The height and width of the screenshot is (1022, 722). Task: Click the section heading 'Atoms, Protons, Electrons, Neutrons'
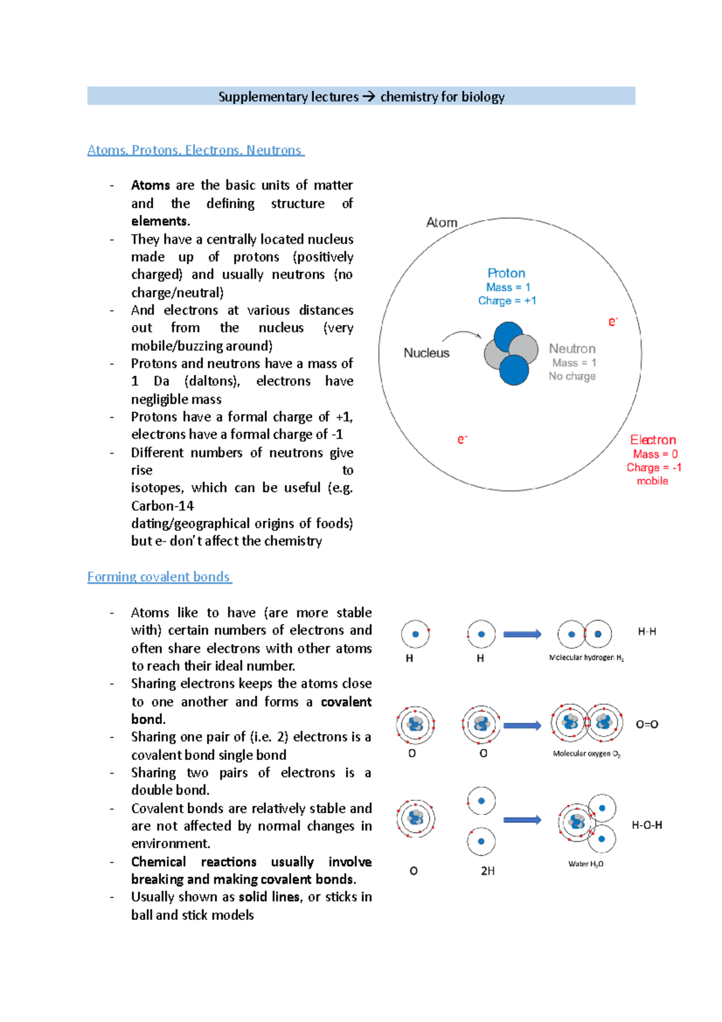point(195,150)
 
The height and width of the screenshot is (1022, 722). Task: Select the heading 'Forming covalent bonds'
point(159,577)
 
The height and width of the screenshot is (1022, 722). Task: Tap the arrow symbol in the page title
point(369,96)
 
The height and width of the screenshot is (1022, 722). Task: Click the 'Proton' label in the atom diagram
point(506,273)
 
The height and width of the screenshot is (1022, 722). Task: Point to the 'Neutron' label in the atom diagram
point(572,348)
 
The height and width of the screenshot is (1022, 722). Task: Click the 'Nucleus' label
point(426,353)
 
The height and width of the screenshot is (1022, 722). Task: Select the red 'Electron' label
point(653,440)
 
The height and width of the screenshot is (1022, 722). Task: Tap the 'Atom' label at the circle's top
point(442,223)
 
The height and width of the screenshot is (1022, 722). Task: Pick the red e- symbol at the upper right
point(612,322)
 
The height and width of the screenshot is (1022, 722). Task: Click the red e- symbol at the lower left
point(462,440)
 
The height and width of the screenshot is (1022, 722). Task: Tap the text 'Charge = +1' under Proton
point(507,300)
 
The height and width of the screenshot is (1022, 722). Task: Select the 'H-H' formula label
point(647,631)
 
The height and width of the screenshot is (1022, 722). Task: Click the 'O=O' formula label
point(647,725)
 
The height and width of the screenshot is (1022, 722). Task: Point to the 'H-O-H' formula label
point(647,825)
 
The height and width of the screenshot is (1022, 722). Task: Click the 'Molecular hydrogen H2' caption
point(586,658)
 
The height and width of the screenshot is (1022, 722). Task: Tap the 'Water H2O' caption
point(585,864)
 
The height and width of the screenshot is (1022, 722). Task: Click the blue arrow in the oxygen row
point(522,726)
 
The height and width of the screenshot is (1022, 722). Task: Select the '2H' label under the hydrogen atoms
point(487,871)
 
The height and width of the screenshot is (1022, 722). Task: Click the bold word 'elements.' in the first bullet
point(161,221)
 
